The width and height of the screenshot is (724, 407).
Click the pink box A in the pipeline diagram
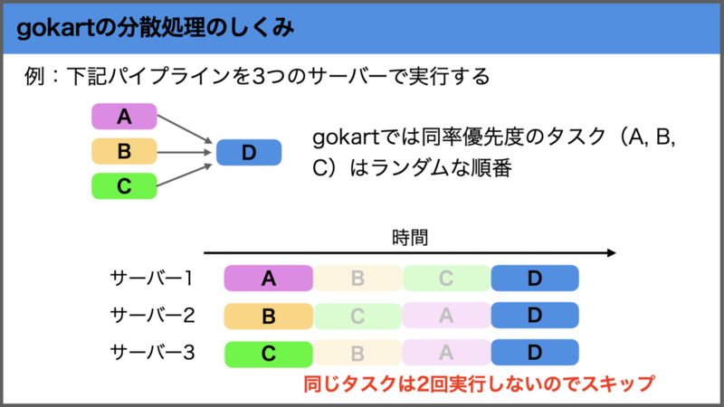(124, 117)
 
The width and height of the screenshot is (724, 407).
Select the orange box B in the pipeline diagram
(124, 151)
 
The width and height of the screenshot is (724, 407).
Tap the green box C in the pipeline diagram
(124, 186)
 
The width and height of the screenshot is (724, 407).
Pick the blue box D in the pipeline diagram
(249, 152)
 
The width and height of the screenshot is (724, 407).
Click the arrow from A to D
(185, 128)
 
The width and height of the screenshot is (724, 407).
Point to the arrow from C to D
(185, 175)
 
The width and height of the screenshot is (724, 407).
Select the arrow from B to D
(185, 152)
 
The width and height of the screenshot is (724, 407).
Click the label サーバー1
(151, 279)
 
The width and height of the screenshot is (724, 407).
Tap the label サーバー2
(152, 316)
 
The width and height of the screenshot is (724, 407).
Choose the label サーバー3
(152, 353)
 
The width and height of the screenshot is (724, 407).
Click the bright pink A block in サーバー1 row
(268, 279)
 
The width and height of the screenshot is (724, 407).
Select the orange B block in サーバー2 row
(268, 316)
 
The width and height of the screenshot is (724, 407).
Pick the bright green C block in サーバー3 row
(269, 354)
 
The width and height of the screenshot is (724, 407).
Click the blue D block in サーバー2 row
(535, 315)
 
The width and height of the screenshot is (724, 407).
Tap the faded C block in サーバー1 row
(446, 279)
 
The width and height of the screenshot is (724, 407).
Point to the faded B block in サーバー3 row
(357, 354)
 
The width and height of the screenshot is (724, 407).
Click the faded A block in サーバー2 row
(446, 316)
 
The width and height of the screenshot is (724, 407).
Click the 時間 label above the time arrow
(410, 238)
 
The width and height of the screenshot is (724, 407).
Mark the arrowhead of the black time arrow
(612, 253)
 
